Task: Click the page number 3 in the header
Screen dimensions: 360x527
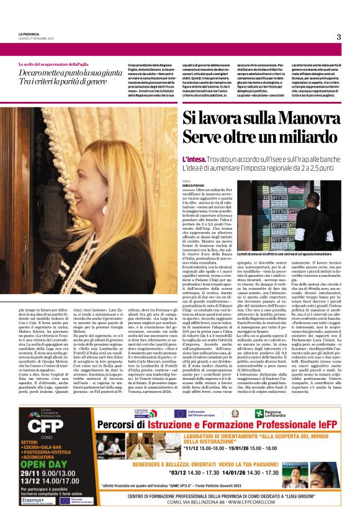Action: (x=339, y=37)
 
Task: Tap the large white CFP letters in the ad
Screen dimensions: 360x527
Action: (x=42, y=426)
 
